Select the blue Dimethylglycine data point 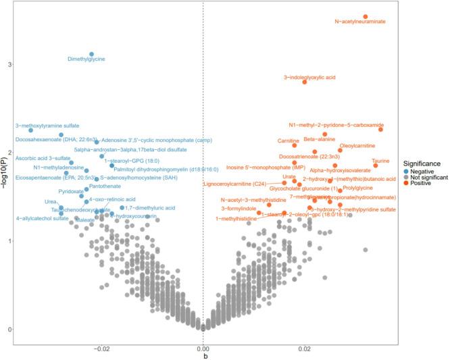pos(92,54)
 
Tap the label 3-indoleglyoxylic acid pos(309,78)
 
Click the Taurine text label pos(380,161)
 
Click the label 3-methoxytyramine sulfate pos(47,126)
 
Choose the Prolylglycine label pos(357,188)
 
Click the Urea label pos(51,202)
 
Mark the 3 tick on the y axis pos(9,64)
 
